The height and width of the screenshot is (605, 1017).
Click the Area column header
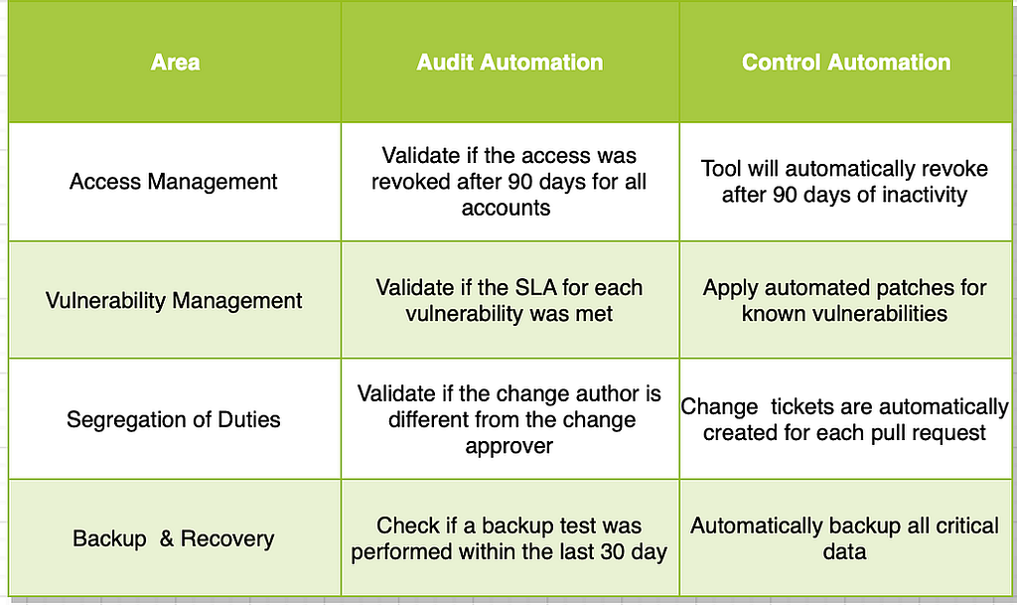click(175, 63)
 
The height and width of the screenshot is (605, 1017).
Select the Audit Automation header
click(509, 63)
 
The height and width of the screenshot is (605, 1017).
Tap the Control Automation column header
click(846, 63)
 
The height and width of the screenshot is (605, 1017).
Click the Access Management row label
click(173, 182)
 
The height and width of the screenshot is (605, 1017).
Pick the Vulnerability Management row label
click(174, 301)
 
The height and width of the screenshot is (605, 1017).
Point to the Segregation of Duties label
click(174, 419)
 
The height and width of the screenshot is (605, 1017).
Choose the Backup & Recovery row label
click(174, 538)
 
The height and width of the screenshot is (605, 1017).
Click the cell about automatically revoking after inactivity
click(844, 182)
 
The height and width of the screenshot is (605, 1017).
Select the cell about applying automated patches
click(844, 301)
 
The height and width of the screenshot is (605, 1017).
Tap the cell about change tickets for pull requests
click(844, 419)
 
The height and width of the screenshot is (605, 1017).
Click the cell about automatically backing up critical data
click(844, 538)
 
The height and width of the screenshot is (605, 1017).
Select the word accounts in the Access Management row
click(506, 209)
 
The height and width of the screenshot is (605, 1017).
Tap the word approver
click(509, 447)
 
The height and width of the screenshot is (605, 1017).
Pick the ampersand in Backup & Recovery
click(167, 538)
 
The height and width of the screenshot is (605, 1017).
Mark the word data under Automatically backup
click(844, 551)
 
